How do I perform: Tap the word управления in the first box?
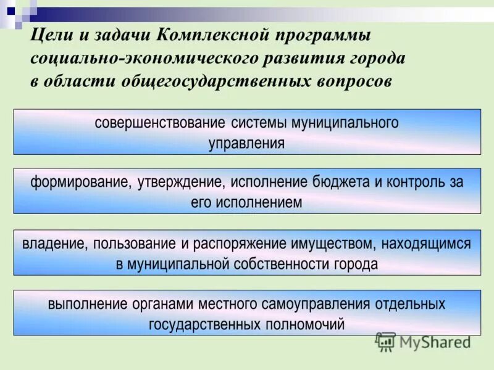click(247, 144)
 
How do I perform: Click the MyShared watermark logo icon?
click(386, 341)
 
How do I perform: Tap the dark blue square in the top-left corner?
click(10, 10)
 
